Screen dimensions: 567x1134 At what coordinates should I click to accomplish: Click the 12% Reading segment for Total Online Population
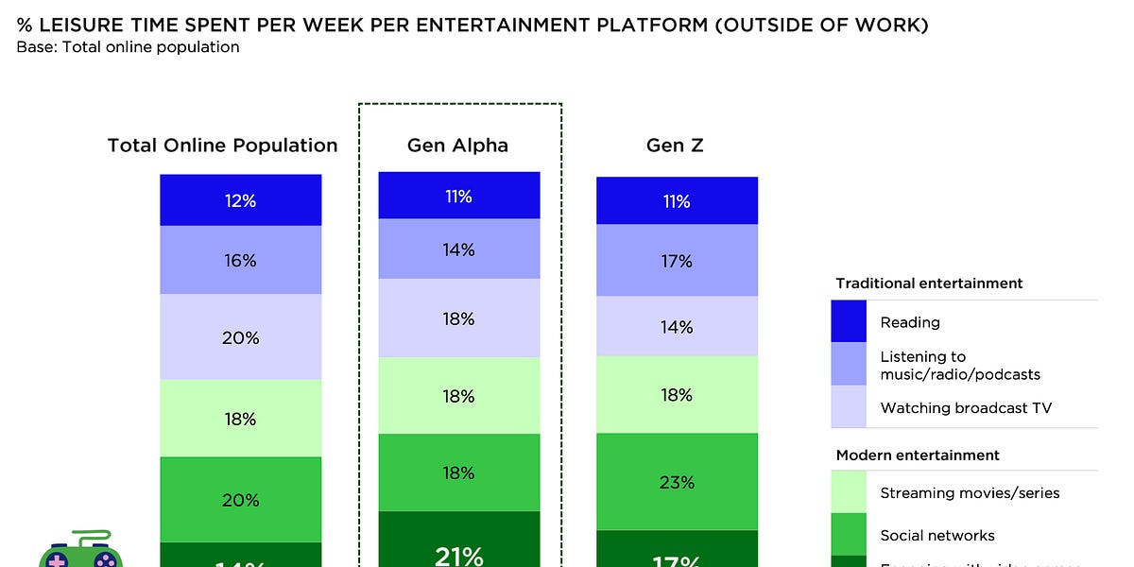[x=240, y=200]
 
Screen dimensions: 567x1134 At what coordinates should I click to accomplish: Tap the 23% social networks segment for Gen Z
[x=677, y=482]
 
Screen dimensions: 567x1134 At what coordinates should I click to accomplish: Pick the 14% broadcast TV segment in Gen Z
[x=677, y=327]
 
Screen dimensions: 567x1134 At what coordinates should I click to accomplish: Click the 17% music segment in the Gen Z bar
[x=677, y=261]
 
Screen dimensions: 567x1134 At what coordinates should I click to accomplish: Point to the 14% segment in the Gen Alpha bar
[x=459, y=249]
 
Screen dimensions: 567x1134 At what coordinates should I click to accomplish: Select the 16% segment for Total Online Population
[x=240, y=260]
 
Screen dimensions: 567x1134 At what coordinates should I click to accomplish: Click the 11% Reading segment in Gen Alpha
[x=459, y=196]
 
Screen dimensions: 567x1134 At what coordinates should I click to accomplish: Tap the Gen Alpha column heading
[x=457, y=146]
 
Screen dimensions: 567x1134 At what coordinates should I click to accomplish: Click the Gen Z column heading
[x=675, y=146]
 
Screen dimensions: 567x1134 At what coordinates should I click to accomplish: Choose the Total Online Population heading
[x=222, y=146]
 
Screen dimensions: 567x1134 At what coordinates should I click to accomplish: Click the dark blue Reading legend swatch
[x=849, y=322]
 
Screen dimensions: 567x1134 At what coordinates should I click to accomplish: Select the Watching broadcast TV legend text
[x=966, y=408]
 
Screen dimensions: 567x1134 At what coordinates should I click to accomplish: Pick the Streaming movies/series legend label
[x=970, y=492]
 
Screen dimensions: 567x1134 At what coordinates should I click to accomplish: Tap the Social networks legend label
[x=936, y=535]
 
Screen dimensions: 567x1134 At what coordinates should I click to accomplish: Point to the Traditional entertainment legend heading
[x=929, y=283]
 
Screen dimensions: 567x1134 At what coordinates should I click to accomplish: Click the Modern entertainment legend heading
[x=918, y=455]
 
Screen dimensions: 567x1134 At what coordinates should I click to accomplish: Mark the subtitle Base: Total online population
[x=128, y=46]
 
